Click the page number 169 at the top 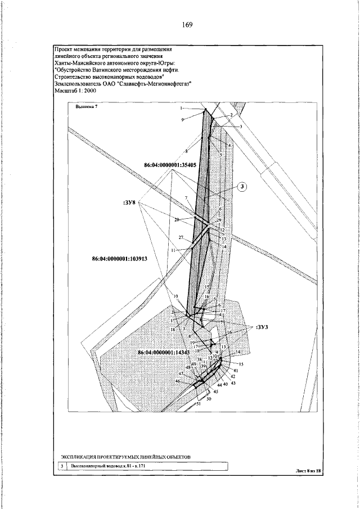tap(187, 24)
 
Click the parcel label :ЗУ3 tap(262, 326)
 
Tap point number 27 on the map tap(181, 237)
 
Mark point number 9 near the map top tap(182, 120)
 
